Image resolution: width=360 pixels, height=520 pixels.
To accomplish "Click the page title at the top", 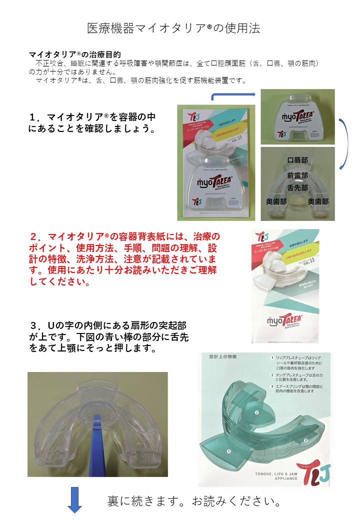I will click(x=173, y=28).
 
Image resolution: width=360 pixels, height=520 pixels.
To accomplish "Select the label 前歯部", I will click(x=297, y=175).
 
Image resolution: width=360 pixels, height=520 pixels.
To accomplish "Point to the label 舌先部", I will click(x=297, y=188).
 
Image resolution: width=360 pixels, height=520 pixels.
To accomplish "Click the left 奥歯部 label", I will click(x=275, y=201).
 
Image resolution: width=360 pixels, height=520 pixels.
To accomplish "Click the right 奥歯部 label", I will click(x=318, y=201).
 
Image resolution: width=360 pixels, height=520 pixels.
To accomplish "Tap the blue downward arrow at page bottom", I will click(x=74, y=501).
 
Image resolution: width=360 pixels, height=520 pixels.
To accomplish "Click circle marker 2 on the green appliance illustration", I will click(x=257, y=412).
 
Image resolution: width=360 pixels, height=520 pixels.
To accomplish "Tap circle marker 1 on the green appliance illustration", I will click(x=229, y=451).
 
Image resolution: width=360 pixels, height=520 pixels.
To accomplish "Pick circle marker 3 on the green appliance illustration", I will click(x=305, y=440).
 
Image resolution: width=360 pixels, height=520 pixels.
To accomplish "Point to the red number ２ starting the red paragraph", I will click(x=34, y=235).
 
